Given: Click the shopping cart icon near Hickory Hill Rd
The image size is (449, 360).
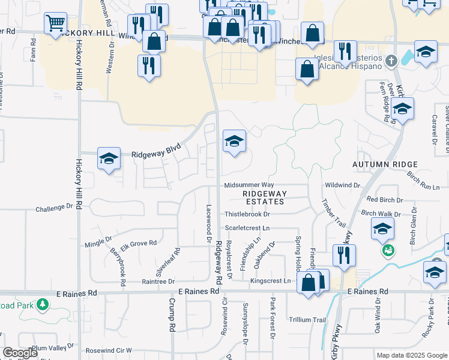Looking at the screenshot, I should (55, 24).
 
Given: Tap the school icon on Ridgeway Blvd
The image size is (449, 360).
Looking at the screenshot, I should (109, 159).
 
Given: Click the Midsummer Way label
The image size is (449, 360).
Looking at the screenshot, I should (249, 185).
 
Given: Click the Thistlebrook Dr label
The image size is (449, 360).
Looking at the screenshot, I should (247, 214).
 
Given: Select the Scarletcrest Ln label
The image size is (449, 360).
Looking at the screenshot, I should (247, 229).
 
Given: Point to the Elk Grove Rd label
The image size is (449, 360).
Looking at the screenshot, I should (139, 244).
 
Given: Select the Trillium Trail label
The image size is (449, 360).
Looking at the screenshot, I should (307, 319).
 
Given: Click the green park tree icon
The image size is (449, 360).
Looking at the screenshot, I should (42, 305).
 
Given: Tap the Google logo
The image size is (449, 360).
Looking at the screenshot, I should (20, 353).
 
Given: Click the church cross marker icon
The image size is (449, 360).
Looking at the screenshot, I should (391, 61).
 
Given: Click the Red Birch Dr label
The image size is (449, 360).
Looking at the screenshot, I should (384, 199).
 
